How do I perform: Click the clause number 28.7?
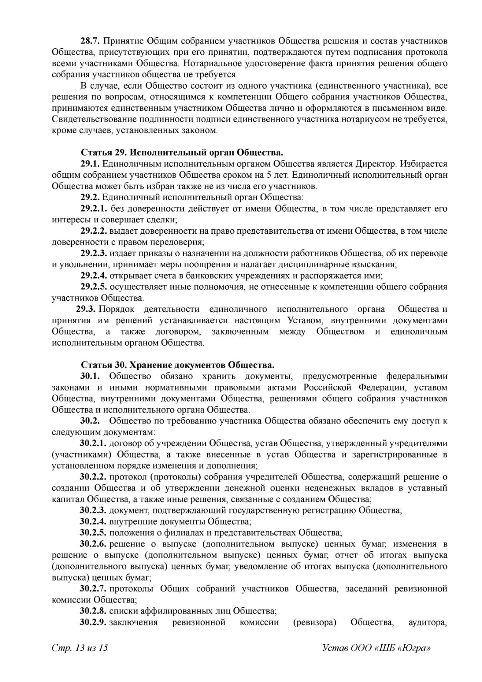[x=90, y=42]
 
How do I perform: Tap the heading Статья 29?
[x=104, y=152]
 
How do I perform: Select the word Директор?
[x=376, y=164]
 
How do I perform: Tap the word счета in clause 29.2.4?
[x=162, y=275]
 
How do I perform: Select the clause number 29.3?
[x=86, y=309]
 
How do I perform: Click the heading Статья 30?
[x=104, y=364]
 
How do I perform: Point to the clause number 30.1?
[x=90, y=376]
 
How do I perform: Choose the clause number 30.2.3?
[x=93, y=510]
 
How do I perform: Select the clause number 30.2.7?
[x=93, y=589]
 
